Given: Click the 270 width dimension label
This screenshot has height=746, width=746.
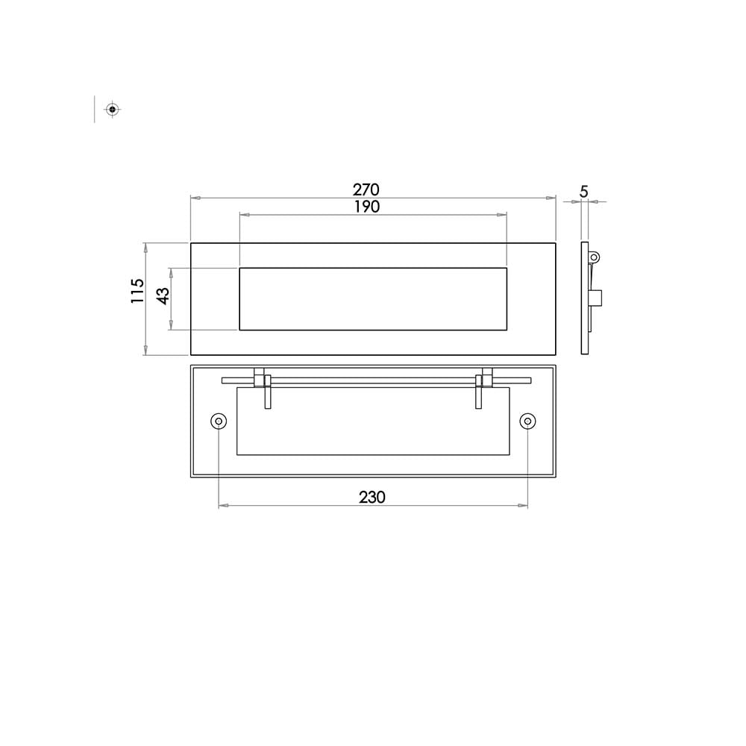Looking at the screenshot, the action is (x=366, y=189).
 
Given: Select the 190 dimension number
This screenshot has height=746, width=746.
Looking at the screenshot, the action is (x=367, y=207).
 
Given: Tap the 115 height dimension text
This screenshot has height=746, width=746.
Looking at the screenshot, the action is (x=137, y=291).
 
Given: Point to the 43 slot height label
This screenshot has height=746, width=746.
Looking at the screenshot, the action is (x=163, y=296).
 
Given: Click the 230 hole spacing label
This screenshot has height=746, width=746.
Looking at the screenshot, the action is (x=372, y=497).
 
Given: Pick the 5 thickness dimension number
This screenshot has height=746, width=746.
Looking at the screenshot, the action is (x=584, y=192).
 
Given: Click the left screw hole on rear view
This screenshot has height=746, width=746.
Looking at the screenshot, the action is (x=219, y=421).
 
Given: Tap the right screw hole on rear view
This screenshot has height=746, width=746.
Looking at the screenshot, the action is (x=527, y=421).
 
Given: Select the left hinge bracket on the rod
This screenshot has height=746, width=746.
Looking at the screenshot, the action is (x=263, y=388).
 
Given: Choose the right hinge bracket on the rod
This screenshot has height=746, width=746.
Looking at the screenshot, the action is (x=484, y=388).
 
